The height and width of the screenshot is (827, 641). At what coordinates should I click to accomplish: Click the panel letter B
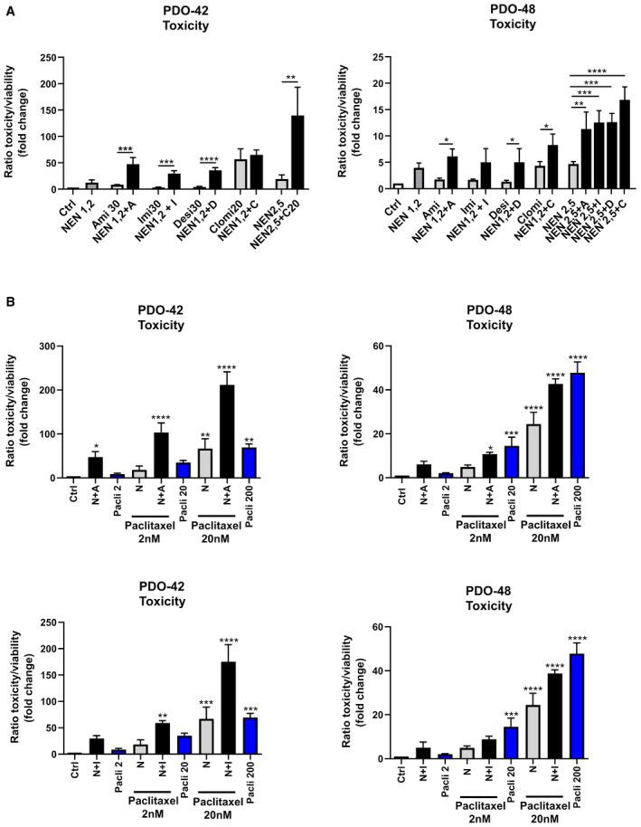click(7, 293)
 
